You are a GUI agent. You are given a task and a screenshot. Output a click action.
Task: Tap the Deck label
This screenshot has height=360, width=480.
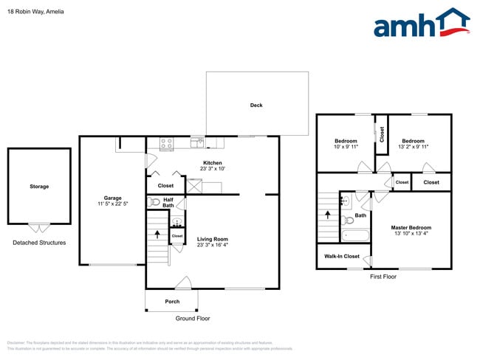pos(256,105)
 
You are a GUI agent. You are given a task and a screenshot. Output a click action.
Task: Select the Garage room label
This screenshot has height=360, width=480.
pos(112,198)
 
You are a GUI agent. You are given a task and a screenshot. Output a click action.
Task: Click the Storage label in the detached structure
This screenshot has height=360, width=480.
pos(39,187)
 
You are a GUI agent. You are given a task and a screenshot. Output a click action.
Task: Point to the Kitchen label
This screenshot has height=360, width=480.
pos(213,163)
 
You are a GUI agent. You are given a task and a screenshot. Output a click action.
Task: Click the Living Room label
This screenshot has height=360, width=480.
pos(213,239)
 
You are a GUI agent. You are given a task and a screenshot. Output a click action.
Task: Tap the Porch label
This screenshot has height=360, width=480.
pos(172,302)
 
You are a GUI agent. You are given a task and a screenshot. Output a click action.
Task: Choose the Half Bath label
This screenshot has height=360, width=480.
pos(168,201)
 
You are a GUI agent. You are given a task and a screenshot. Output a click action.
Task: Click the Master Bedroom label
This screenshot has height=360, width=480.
pos(411,228)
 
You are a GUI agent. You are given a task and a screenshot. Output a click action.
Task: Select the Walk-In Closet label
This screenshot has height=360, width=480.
pos(342,257)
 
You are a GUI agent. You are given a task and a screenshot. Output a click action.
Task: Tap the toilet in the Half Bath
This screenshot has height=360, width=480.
pos(155,201)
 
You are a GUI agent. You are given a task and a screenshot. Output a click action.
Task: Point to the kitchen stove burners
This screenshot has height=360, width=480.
pos(166,144)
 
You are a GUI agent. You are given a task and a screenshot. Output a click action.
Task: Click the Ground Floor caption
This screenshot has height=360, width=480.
pos(193,319)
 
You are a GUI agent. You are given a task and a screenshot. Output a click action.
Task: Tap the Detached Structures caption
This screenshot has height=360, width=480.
pos(39,243)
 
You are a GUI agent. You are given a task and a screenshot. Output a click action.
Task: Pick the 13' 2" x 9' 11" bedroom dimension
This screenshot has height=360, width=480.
pos(413,147)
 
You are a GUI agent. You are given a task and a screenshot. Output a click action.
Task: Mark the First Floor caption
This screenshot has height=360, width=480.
pos(383,277)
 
